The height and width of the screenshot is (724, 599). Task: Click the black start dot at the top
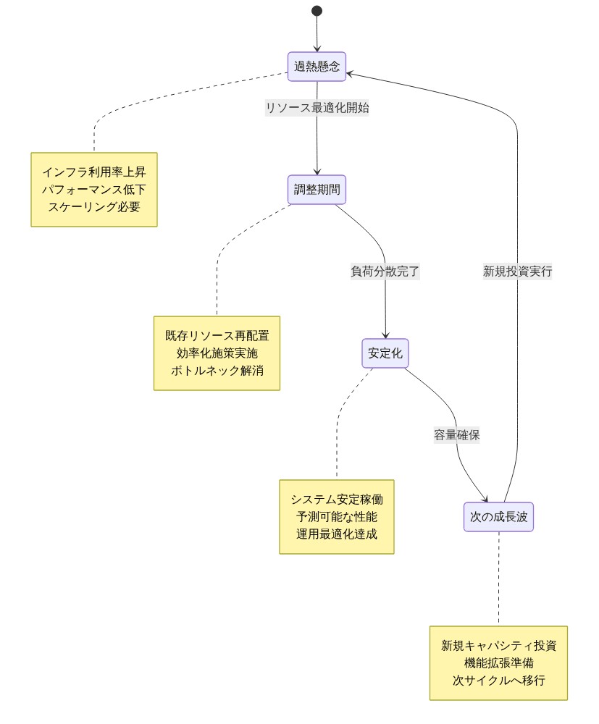pos(317,11)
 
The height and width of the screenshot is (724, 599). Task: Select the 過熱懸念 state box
pos(317,67)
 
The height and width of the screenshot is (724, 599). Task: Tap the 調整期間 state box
pos(317,190)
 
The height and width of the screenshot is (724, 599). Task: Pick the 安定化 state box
pos(385,353)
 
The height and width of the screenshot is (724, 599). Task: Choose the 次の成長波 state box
pos(498,517)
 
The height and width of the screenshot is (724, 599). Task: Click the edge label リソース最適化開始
pos(317,108)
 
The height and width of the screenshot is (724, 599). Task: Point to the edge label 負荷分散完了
pos(385,271)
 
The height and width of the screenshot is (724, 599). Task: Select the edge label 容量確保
pos(456,435)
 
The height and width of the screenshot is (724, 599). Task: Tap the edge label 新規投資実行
pos(517,271)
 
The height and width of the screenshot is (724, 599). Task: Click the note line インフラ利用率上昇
pos(94,172)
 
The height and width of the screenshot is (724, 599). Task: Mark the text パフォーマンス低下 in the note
pos(94,190)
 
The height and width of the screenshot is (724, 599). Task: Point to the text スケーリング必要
pos(94,207)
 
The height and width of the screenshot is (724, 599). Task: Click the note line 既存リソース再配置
pos(217,336)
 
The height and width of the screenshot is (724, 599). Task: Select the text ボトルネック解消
pos(217,371)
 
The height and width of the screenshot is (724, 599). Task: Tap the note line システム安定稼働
pos(337,500)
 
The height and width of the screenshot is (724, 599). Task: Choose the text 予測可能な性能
pos(337,517)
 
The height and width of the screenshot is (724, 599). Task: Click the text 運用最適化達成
pos(337,534)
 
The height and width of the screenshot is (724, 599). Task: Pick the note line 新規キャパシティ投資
pos(498,646)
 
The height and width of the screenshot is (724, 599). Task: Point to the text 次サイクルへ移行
pos(498,681)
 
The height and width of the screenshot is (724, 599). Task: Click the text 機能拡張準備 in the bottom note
pos(498,663)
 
